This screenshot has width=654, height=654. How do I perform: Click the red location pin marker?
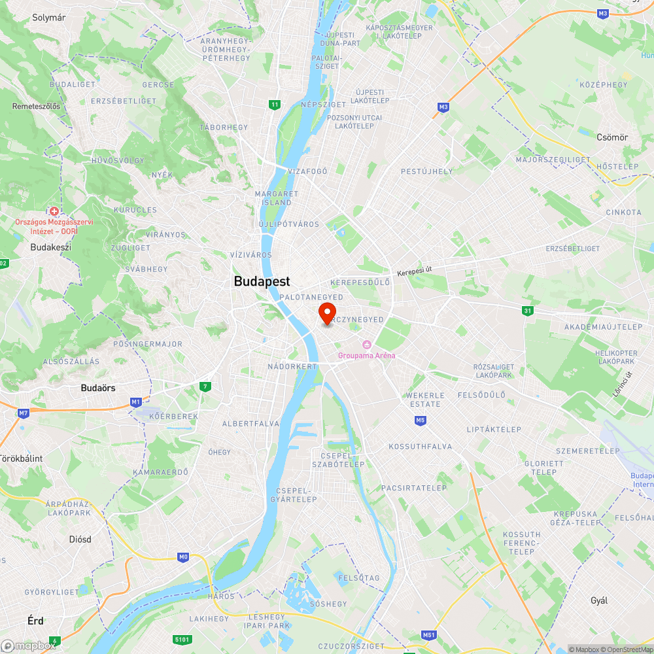(327, 313)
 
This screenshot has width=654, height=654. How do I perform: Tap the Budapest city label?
(262, 281)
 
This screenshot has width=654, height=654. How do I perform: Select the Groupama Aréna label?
(366, 355)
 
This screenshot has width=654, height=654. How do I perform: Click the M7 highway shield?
(24, 413)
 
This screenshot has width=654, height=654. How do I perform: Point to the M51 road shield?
(428, 635)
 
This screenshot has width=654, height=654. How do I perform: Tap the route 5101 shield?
(182, 639)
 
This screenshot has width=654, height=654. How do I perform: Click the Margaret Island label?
(277, 198)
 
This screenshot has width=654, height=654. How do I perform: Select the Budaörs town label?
(98, 388)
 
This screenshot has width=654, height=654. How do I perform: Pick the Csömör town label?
(612, 137)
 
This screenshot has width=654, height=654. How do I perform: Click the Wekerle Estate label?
(424, 400)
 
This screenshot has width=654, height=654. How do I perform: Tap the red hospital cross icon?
(54, 211)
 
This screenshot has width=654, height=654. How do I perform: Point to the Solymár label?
(49, 18)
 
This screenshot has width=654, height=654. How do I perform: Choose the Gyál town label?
(599, 600)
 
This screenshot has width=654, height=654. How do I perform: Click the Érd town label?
(36, 619)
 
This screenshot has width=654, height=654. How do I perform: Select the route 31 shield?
(527, 310)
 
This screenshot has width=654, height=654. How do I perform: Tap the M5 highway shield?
(420, 420)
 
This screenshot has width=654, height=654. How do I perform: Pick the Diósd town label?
(80, 540)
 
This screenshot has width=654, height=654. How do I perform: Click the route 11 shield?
(275, 104)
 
